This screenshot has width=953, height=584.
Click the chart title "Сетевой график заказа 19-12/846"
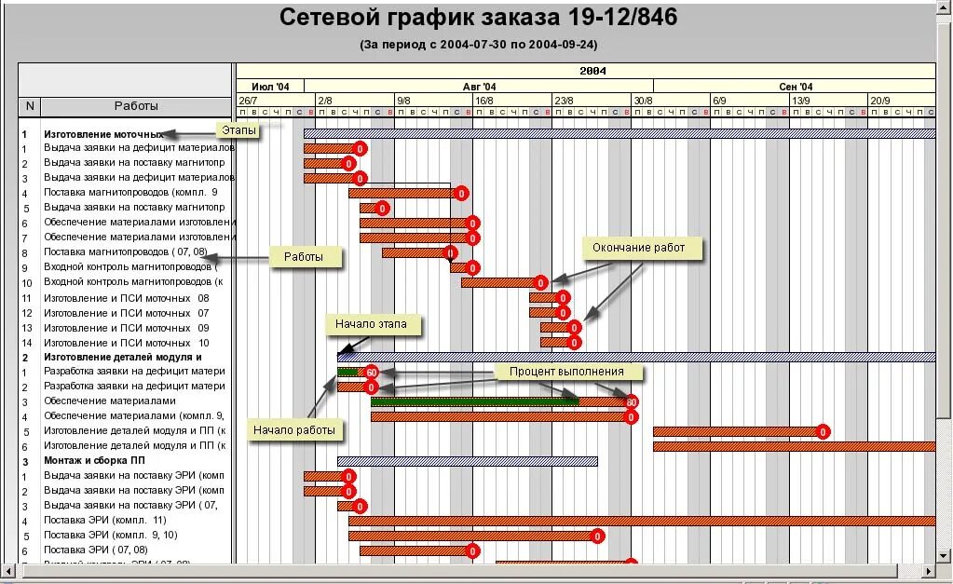pyautogui.click(x=479, y=18)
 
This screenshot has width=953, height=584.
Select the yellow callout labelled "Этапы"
pyautogui.click(x=238, y=130)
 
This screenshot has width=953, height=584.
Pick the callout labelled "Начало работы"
pyautogui.click(x=293, y=429)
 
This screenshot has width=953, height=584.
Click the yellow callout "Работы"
pyautogui.click(x=304, y=257)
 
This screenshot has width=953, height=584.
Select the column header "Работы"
pyautogui.click(x=136, y=106)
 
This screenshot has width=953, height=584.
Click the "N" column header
pyautogui.click(x=30, y=106)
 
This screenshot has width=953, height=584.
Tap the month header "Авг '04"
pyautogui.click(x=479, y=87)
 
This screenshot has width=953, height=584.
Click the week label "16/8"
pyautogui.click(x=484, y=100)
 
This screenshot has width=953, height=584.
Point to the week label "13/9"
pyautogui.click(x=800, y=100)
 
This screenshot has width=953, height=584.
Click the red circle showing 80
pyautogui.click(x=632, y=402)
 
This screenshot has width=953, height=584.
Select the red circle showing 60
pyautogui.click(x=371, y=373)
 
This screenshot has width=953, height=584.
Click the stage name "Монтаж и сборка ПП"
pyautogui.click(x=95, y=461)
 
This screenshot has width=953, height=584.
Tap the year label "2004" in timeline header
pyautogui.click(x=592, y=71)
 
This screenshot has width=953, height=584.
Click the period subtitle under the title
pyautogui.click(x=479, y=44)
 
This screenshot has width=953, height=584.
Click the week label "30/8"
pyautogui.click(x=643, y=100)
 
